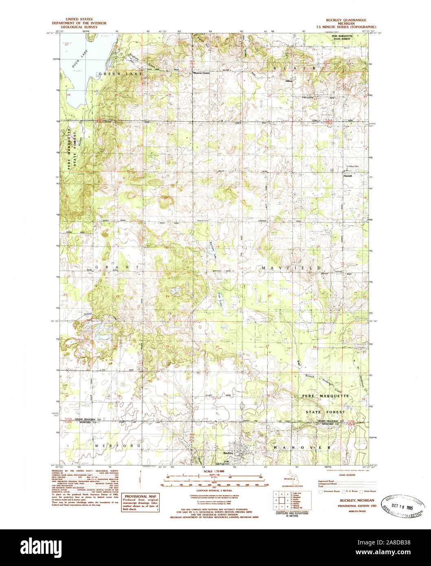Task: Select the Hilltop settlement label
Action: click(x=289, y=81)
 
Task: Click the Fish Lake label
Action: click(x=219, y=301)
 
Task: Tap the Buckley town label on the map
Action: click(x=228, y=453)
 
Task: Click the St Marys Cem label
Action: click(x=352, y=166)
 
